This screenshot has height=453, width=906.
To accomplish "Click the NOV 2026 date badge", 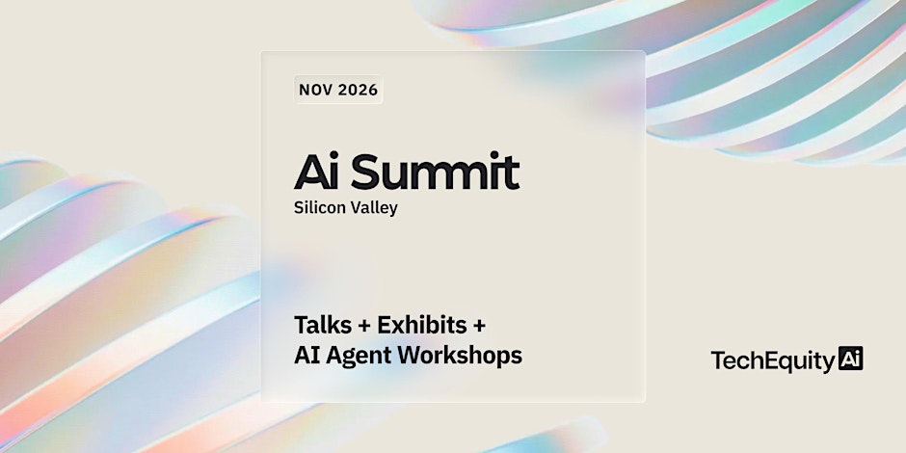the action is point(338,90).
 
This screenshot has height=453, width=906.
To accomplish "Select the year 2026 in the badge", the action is point(359,90).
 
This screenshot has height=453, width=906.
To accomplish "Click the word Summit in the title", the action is point(435,172).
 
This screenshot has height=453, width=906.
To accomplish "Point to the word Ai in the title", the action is point(316,172).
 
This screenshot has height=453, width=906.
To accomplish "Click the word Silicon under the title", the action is point(318,207).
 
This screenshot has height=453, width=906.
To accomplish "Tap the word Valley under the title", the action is point(373,208).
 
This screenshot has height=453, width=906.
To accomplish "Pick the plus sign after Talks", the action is point(364,326).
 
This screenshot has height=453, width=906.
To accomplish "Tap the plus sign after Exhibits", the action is point(479,326).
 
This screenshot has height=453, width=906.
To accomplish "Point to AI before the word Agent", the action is point(307,356).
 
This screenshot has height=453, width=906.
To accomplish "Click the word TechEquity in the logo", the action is point(773,360).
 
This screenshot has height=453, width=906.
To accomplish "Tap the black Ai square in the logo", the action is point(850,359).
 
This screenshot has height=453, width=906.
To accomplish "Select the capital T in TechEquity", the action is point(718,360).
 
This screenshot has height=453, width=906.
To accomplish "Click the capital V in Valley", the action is point(354,207).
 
